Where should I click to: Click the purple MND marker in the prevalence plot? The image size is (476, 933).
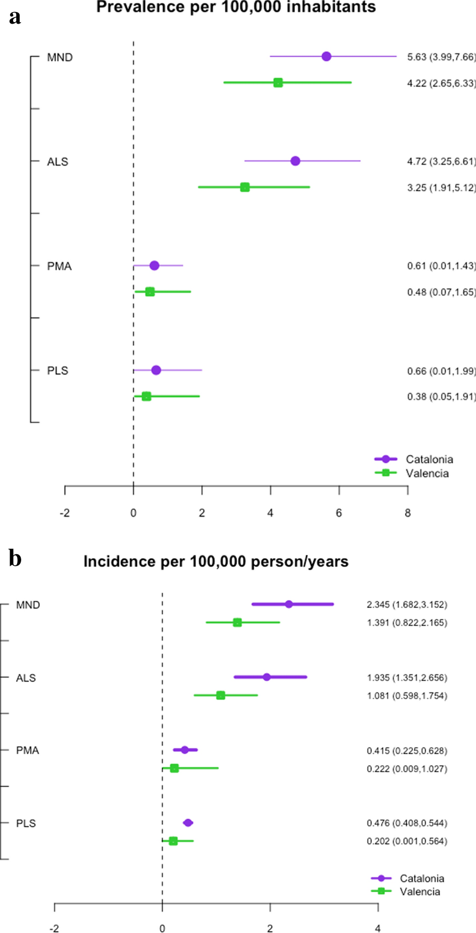click(326, 56)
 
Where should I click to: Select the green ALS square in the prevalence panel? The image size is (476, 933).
click(245, 187)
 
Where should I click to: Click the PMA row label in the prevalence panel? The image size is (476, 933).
click(59, 266)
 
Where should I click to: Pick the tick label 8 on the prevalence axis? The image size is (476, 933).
click(407, 513)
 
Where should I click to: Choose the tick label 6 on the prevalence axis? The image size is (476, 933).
click(339, 513)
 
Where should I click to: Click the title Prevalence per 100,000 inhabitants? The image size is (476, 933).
click(236, 7)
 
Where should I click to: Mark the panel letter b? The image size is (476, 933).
click(15, 558)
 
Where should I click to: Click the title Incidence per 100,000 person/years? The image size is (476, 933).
click(216, 561)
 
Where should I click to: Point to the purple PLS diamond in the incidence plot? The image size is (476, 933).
click(188, 823)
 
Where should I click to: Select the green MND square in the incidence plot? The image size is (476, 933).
click(237, 623)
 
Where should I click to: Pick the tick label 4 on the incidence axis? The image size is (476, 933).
click(378, 928)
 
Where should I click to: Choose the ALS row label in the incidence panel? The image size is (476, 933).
click(26, 678)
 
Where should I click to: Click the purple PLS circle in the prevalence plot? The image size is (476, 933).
click(156, 370)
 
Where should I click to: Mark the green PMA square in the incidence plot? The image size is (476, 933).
click(174, 768)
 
